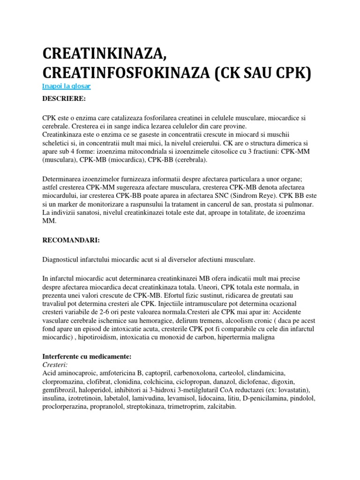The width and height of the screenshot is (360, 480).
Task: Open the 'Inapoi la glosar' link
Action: coord(66,86)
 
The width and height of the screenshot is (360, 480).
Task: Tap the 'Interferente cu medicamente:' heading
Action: coord(87,357)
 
